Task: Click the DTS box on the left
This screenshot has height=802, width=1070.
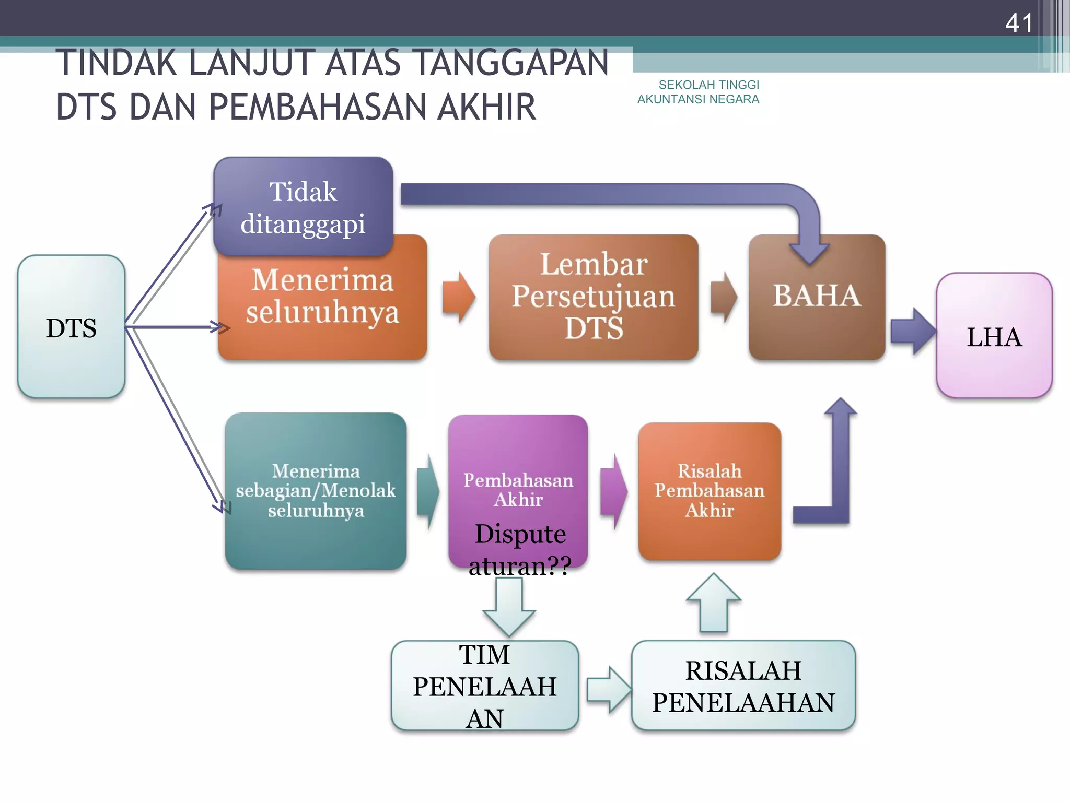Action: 72,327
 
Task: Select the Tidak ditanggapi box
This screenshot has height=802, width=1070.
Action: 303,207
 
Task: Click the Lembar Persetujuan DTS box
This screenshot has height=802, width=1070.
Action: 594,297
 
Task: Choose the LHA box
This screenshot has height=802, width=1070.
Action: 994,336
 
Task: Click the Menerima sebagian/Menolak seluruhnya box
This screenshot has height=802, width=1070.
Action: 316,491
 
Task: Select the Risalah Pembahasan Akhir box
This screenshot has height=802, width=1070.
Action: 710,491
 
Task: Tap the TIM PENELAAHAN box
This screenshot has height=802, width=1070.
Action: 485,686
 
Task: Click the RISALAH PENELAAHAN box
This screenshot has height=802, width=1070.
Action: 743,686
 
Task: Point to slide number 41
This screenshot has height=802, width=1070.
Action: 1019,23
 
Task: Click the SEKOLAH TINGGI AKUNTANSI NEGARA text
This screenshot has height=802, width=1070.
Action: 699,92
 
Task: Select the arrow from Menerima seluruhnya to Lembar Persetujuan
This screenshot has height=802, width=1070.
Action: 458,297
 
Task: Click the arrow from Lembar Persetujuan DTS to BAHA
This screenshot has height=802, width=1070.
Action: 724,297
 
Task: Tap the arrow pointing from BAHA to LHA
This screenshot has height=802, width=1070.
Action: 912,331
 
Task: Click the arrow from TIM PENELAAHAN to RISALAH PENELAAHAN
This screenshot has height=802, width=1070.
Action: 608,689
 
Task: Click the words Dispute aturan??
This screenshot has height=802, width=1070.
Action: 520,549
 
